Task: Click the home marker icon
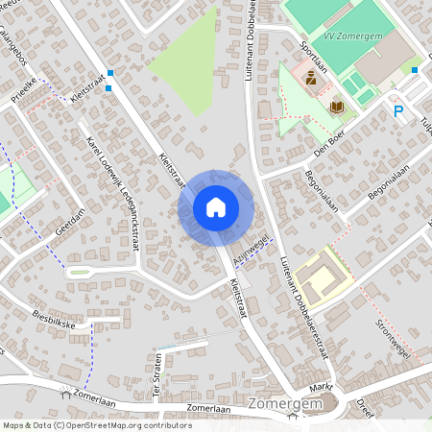pyautogui.click(x=216, y=206)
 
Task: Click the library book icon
pyautogui.click(x=336, y=106)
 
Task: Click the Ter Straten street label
pyautogui.click(x=160, y=375)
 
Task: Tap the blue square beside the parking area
pyautogui.click(x=415, y=70)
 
